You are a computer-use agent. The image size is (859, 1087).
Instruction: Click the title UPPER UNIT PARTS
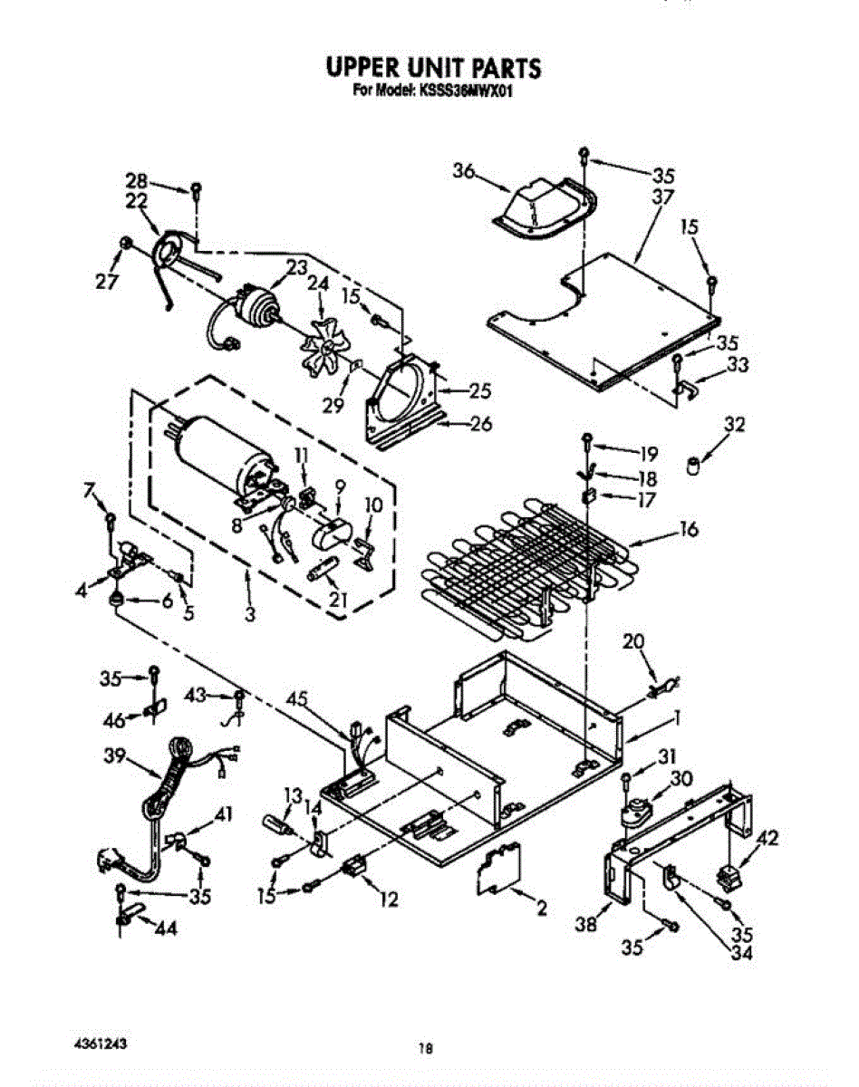[433, 68]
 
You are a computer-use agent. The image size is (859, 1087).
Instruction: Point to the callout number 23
[297, 267]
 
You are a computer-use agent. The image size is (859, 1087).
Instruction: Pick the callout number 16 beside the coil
[689, 528]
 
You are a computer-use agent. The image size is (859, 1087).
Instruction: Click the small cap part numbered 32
[694, 468]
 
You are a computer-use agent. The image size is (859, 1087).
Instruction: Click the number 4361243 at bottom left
[99, 1043]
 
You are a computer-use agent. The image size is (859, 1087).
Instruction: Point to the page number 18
[423, 1050]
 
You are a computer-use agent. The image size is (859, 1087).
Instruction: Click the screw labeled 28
[196, 189]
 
